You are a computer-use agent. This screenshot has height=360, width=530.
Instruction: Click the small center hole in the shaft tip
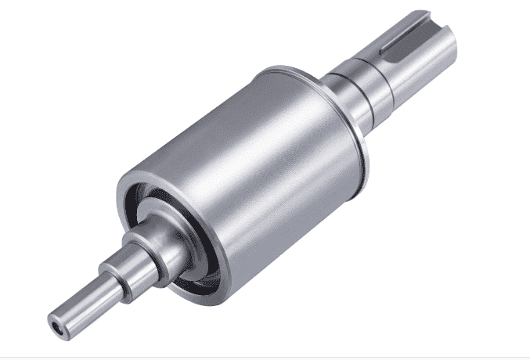coord(56,322)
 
